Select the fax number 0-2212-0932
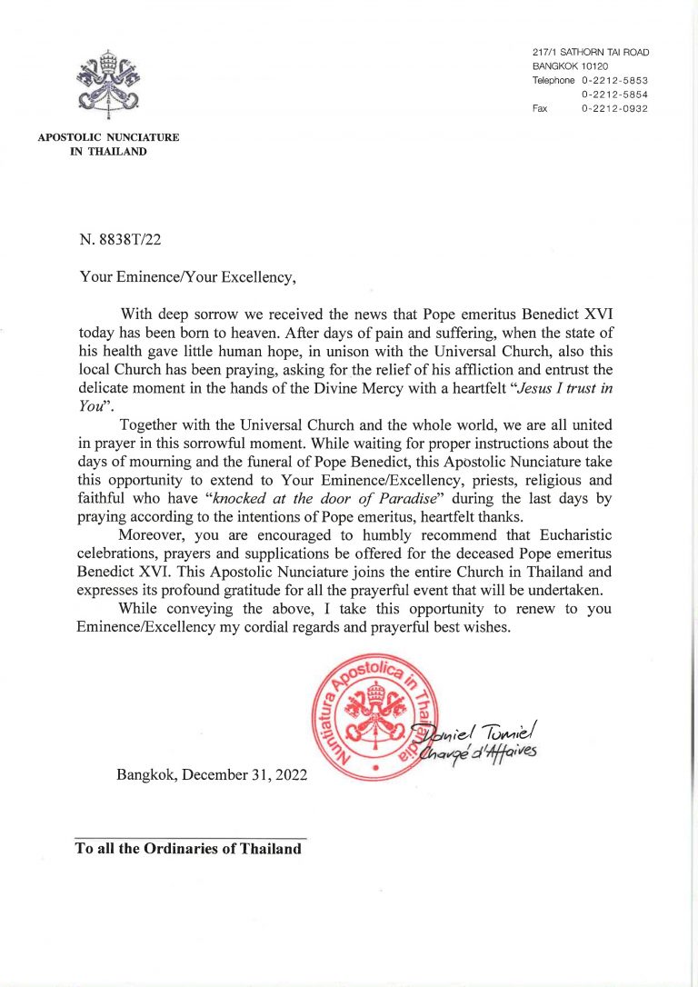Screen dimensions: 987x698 [x=615, y=108]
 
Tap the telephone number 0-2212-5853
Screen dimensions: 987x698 [x=615, y=81]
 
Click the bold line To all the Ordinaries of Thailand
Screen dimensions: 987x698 [x=188, y=849]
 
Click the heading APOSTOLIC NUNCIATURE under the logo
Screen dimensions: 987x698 [x=108, y=138]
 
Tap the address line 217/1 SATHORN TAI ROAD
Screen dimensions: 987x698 [x=591, y=53]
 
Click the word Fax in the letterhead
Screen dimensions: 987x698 [x=542, y=108]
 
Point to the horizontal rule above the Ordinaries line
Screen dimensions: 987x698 [x=190, y=838]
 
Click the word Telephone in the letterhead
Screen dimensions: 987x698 [x=553, y=81]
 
